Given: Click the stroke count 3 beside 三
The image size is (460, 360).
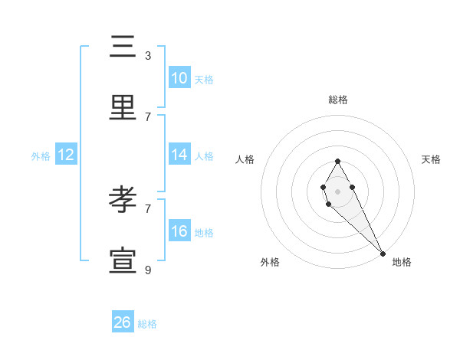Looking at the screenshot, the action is point(148,55).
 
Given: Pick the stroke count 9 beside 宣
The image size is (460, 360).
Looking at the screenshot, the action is point(148,270).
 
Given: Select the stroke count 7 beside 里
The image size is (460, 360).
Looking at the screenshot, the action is point(148,116).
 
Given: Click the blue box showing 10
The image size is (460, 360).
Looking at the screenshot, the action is point(179,78).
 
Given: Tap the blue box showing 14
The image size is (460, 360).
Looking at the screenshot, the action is point(179,155).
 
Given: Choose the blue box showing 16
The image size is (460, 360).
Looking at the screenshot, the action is point(179,231).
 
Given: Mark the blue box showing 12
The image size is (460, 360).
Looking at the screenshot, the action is point(65,155).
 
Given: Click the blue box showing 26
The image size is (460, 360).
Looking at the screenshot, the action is point(122,322).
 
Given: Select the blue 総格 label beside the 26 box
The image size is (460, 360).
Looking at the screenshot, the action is point(147,324).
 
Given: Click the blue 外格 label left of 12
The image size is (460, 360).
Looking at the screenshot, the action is point(41,156).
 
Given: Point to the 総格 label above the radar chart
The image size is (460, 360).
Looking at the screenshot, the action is point(337,100).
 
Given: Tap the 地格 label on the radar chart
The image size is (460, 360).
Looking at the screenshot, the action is point(402,262).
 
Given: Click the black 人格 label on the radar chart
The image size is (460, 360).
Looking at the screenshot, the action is point(245,159).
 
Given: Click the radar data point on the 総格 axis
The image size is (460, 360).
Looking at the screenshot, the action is point(337,161).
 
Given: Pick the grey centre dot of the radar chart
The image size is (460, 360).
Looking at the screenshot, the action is point(337,190).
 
